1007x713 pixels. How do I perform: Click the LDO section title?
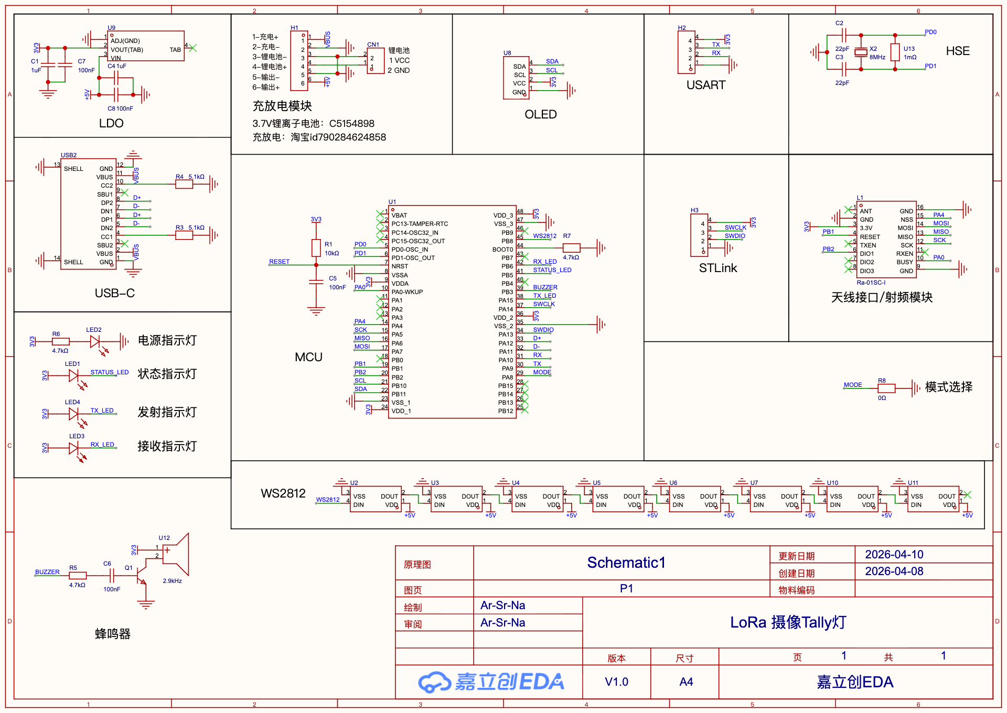(x=111, y=123)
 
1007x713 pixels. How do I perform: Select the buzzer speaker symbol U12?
(x=176, y=555)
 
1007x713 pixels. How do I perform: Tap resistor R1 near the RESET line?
(x=316, y=248)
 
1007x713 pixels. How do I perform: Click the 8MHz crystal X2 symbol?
(x=861, y=52)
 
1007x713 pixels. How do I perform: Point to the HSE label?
(x=958, y=51)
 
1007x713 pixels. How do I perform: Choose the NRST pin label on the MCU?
(x=400, y=266)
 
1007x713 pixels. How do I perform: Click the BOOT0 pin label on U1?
(x=502, y=250)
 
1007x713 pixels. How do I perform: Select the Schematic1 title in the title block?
(x=626, y=563)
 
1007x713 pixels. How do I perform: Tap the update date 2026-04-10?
(x=894, y=555)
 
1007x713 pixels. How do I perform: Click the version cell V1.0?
(x=616, y=682)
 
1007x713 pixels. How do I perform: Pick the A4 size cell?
(x=686, y=682)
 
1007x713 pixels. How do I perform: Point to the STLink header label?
(x=718, y=268)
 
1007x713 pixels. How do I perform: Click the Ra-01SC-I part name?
(x=871, y=283)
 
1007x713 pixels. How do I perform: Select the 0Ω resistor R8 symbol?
(x=886, y=388)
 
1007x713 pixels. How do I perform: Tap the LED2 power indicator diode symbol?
(x=95, y=342)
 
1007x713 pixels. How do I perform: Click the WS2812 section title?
(x=283, y=493)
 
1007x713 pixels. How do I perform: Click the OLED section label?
(x=541, y=114)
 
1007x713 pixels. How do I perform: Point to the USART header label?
(x=706, y=85)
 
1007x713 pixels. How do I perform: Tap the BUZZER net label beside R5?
(x=47, y=572)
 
